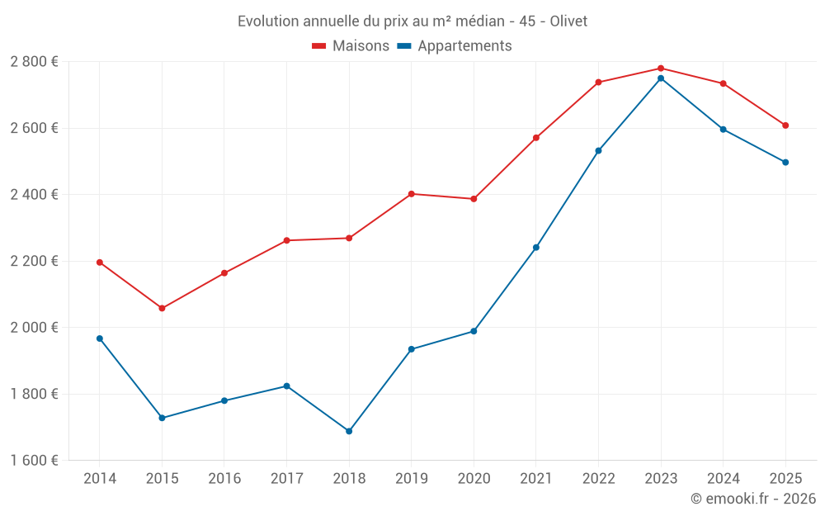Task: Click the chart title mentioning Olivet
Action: (412, 21)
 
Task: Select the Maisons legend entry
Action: (351, 46)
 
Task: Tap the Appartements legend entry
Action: (455, 46)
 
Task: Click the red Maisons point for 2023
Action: (661, 69)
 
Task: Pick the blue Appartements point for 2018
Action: (349, 431)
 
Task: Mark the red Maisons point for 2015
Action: (162, 308)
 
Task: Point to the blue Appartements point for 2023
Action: (661, 78)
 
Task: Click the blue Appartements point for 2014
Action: (100, 338)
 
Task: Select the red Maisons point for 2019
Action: (412, 194)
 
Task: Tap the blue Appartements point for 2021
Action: (536, 248)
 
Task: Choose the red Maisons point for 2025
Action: (785, 125)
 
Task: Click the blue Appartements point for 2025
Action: (785, 163)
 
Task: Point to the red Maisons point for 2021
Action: (536, 138)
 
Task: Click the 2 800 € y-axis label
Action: (34, 62)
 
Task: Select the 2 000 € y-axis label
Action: (34, 327)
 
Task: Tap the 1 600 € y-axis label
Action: (34, 460)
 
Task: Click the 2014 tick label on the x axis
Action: (100, 479)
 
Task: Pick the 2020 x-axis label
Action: (474, 479)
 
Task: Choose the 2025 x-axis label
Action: (785, 479)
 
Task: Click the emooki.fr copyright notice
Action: (752, 499)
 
